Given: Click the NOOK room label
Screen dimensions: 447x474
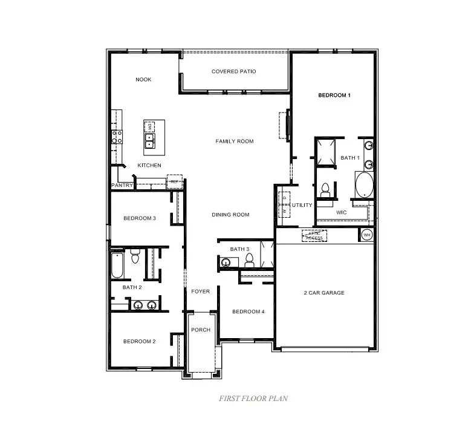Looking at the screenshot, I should (x=143, y=80).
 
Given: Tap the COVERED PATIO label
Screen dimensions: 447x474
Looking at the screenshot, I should (x=233, y=71).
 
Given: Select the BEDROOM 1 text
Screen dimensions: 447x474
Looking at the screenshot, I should (x=334, y=96).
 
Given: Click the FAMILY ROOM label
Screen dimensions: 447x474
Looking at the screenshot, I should (x=235, y=142).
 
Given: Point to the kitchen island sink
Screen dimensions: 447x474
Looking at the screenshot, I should (x=149, y=141).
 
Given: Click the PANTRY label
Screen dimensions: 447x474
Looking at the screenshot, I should (x=122, y=185).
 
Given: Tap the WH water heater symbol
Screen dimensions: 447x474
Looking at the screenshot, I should (x=367, y=235).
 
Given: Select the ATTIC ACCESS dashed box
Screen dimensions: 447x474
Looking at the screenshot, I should (x=314, y=236).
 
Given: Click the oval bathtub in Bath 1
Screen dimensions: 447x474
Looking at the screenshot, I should (x=364, y=185).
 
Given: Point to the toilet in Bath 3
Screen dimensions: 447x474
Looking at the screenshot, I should (x=248, y=261).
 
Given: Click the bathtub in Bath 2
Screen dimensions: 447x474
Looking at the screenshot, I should (x=117, y=265).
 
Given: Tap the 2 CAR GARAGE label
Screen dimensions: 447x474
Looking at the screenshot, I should (x=323, y=293).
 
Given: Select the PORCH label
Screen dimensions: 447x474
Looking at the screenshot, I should (x=200, y=330).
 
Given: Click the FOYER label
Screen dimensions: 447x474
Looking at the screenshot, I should (x=200, y=292).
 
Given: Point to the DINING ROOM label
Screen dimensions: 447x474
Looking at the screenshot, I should (x=230, y=215).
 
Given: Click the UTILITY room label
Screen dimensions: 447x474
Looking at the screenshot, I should (x=302, y=205).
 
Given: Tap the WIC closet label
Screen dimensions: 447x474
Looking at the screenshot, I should (x=342, y=212).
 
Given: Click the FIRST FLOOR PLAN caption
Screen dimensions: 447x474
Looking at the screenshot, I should (x=253, y=399).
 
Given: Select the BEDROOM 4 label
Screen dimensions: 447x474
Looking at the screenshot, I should (x=248, y=312).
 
